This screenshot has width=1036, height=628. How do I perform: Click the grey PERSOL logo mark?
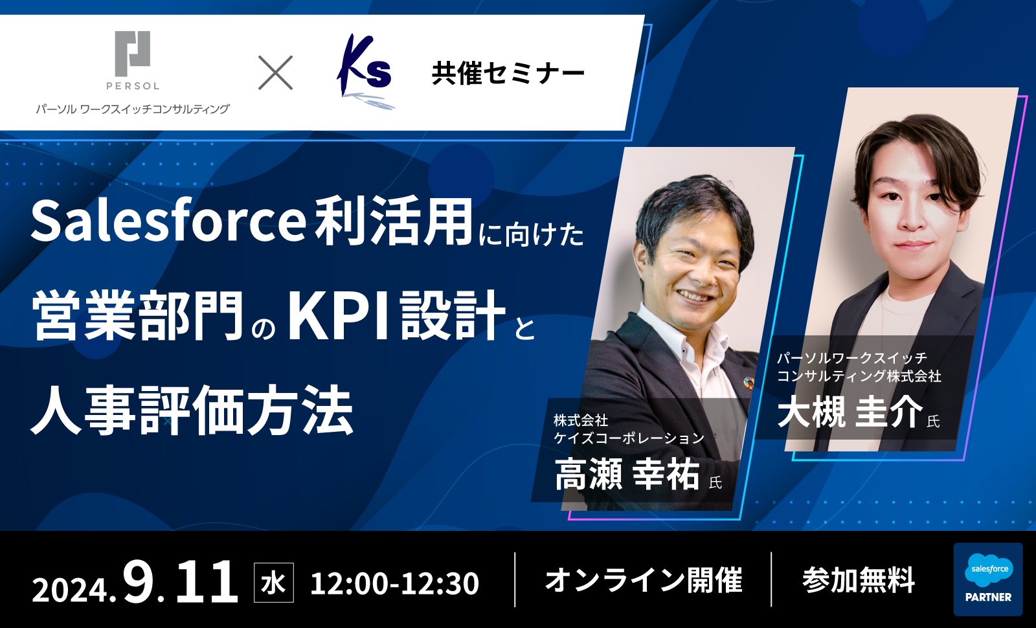click(132, 54)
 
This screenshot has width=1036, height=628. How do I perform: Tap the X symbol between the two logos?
click(275, 73)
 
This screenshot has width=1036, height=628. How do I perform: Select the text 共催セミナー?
click(508, 74)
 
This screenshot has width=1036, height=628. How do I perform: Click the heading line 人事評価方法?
click(192, 410)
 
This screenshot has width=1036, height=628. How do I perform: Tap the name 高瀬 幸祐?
click(627, 475)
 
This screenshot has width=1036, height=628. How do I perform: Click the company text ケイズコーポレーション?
click(629, 438)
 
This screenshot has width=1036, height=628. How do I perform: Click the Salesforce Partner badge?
click(988, 579)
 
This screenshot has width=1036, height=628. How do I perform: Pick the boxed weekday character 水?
click(274, 583)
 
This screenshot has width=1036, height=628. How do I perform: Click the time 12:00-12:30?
click(394, 583)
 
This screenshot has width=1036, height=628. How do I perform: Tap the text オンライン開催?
click(644, 580)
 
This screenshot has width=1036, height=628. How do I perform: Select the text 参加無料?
click(859, 580)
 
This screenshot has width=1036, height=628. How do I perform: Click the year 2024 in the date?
click(70, 590)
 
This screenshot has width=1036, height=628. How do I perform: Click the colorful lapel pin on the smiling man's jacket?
click(749, 383)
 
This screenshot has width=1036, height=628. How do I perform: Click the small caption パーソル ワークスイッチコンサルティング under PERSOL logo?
click(133, 109)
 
